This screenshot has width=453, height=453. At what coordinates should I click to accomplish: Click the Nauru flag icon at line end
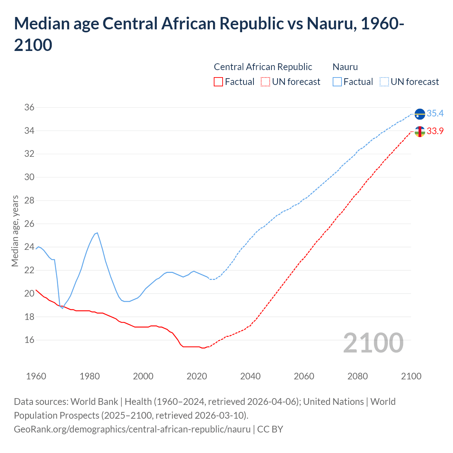click(x=420, y=114)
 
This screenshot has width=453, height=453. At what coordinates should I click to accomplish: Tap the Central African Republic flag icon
click(x=420, y=132)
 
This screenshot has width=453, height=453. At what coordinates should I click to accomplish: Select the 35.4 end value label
click(x=435, y=114)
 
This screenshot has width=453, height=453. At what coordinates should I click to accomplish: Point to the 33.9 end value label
click(x=435, y=131)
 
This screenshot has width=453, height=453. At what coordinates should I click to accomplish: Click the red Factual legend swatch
click(x=218, y=82)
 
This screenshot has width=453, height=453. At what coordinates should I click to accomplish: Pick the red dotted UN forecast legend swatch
click(x=265, y=82)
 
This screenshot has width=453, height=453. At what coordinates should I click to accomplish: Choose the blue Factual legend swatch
click(x=337, y=82)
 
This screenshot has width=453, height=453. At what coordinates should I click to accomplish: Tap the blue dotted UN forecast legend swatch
click(x=384, y=82)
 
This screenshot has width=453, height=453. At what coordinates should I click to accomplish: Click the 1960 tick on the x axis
click(x=36, y=376)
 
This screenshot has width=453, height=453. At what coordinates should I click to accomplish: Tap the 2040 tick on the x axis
click(x=250, y=376)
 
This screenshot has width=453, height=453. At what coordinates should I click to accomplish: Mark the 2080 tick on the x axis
click(x=357, y=376)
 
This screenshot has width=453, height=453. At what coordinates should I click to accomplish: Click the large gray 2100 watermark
click(x=373, y=343)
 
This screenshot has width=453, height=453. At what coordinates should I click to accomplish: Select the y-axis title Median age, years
click(x=15, y=230)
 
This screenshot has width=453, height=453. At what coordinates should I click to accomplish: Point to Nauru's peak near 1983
click(x=97, y=233)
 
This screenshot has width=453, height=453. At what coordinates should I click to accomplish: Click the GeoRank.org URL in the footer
click(x=132, y=429)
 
